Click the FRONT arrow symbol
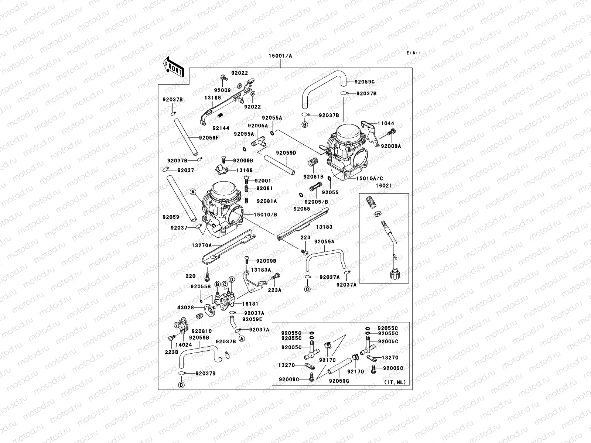click(x=173, y=67)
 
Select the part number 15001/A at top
click(x=280, y=56)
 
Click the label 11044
click(x=386, y=124)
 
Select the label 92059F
click(x=209, y=138)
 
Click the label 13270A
click(x=202, y=245)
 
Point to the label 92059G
click(x=339, y=381)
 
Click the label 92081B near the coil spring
click(x=313, y=176)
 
